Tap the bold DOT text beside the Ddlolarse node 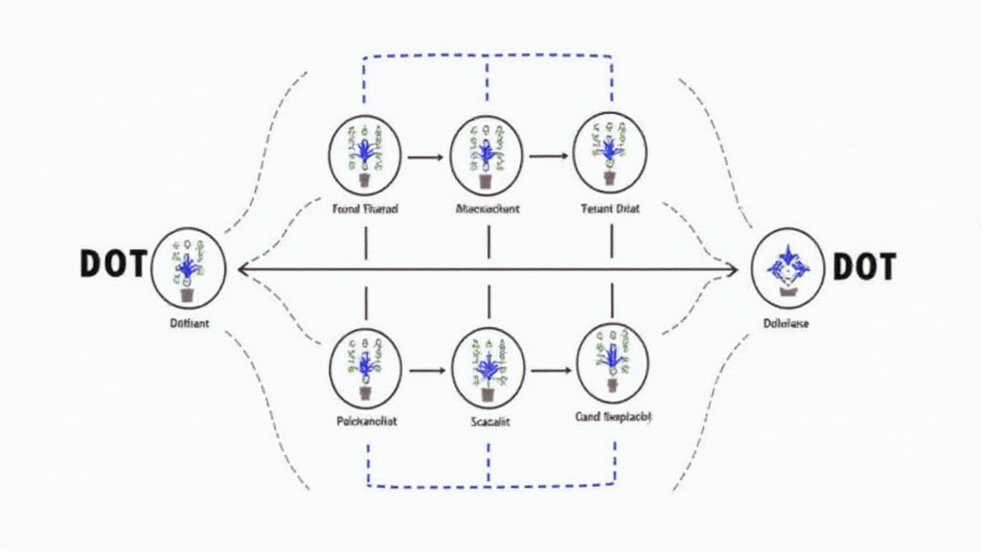pyautogui.click(x=864, y=267)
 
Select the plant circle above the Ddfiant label pyautogui.click(x=188, y=267)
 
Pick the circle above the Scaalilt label pyautogui.click(x=488, y=367)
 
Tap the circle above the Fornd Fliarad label pyautogui.click(x=366, y=154)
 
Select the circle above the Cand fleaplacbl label pyautogui.click(x=612, y=365)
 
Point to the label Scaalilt pyautogui.click(x=489, y=420)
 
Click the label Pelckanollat pyautogui.click(x=366, y=420)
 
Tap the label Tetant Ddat pyautogui.click(x=610, y=207)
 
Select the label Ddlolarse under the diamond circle pyautogui.click(x=787, y=324)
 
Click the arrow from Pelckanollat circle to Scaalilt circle pyautogui.click(x=426, y=368)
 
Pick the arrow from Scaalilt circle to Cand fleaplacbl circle pyautogui.click(x=550, y=368)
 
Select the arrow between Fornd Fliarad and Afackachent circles pyautogui.click(x=426, y=155)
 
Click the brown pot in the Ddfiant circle pyautogui.click(x=187, y=295)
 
